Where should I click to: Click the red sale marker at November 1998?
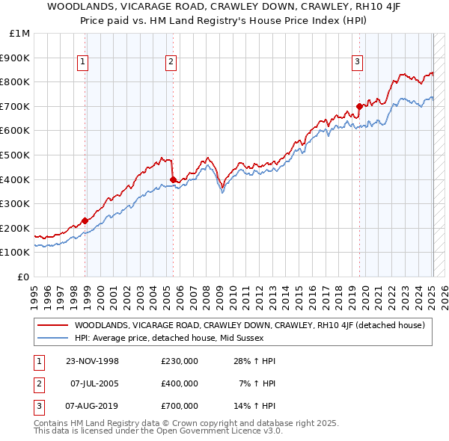85,220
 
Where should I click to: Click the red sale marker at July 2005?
173,179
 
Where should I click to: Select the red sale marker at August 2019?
359,106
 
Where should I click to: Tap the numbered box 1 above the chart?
82,62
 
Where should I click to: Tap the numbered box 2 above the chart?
171,62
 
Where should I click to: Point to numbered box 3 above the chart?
357,62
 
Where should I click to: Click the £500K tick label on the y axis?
16,155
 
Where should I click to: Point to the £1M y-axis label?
20,34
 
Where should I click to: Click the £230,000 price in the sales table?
180,361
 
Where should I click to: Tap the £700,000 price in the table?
180,406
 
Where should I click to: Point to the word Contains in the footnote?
52,423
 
